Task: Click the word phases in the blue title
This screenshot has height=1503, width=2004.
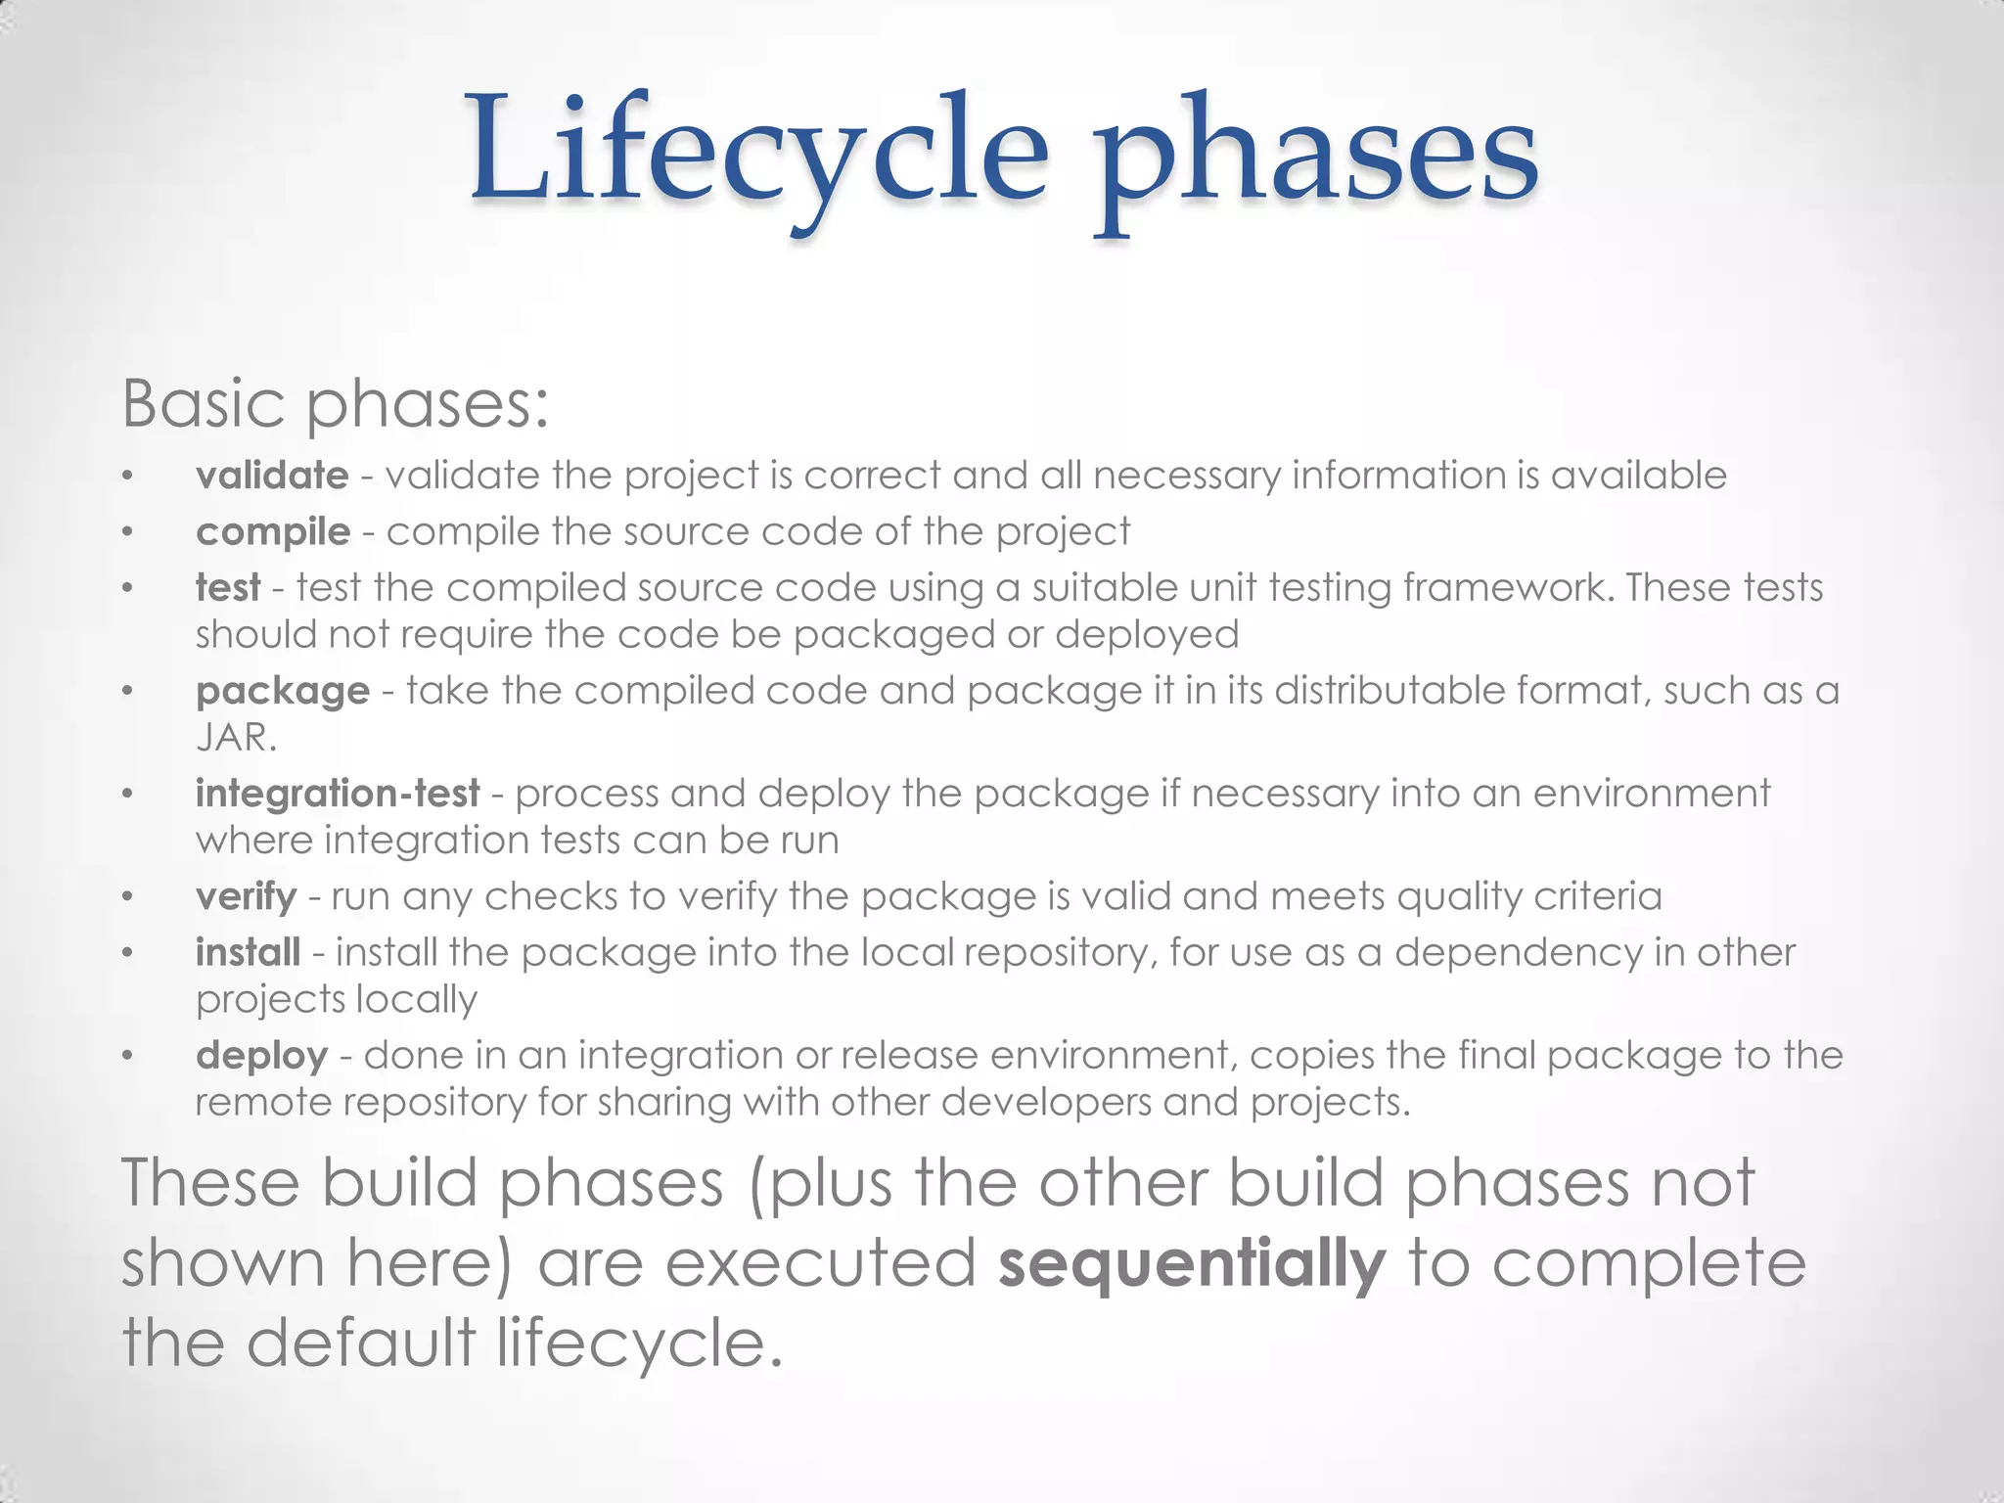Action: [x=1315, y=157]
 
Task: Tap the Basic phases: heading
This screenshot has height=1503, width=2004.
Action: [x=335, y=403]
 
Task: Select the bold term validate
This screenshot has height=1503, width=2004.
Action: [x=272, y=476]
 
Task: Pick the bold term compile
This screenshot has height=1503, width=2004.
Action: [x=273, y=532]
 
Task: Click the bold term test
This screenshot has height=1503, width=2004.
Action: [x=228, y=588]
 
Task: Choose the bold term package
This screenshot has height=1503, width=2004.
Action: [x=283, y=692]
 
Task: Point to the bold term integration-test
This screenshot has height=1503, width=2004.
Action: [x=338, y=794]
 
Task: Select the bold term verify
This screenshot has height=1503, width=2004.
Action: [x=246, y=896]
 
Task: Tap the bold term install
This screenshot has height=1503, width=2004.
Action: [x=248, y=952]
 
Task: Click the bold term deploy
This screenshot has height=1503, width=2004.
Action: [x=261, y=1056]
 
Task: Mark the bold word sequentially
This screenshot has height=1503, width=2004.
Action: [x=1192, y=1263]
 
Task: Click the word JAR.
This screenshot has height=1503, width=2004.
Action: [x=236, y=738]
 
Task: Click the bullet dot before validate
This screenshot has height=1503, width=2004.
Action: [x=127, y=478]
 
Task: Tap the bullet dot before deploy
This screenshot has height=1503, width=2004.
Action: [x=127, y=1057]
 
